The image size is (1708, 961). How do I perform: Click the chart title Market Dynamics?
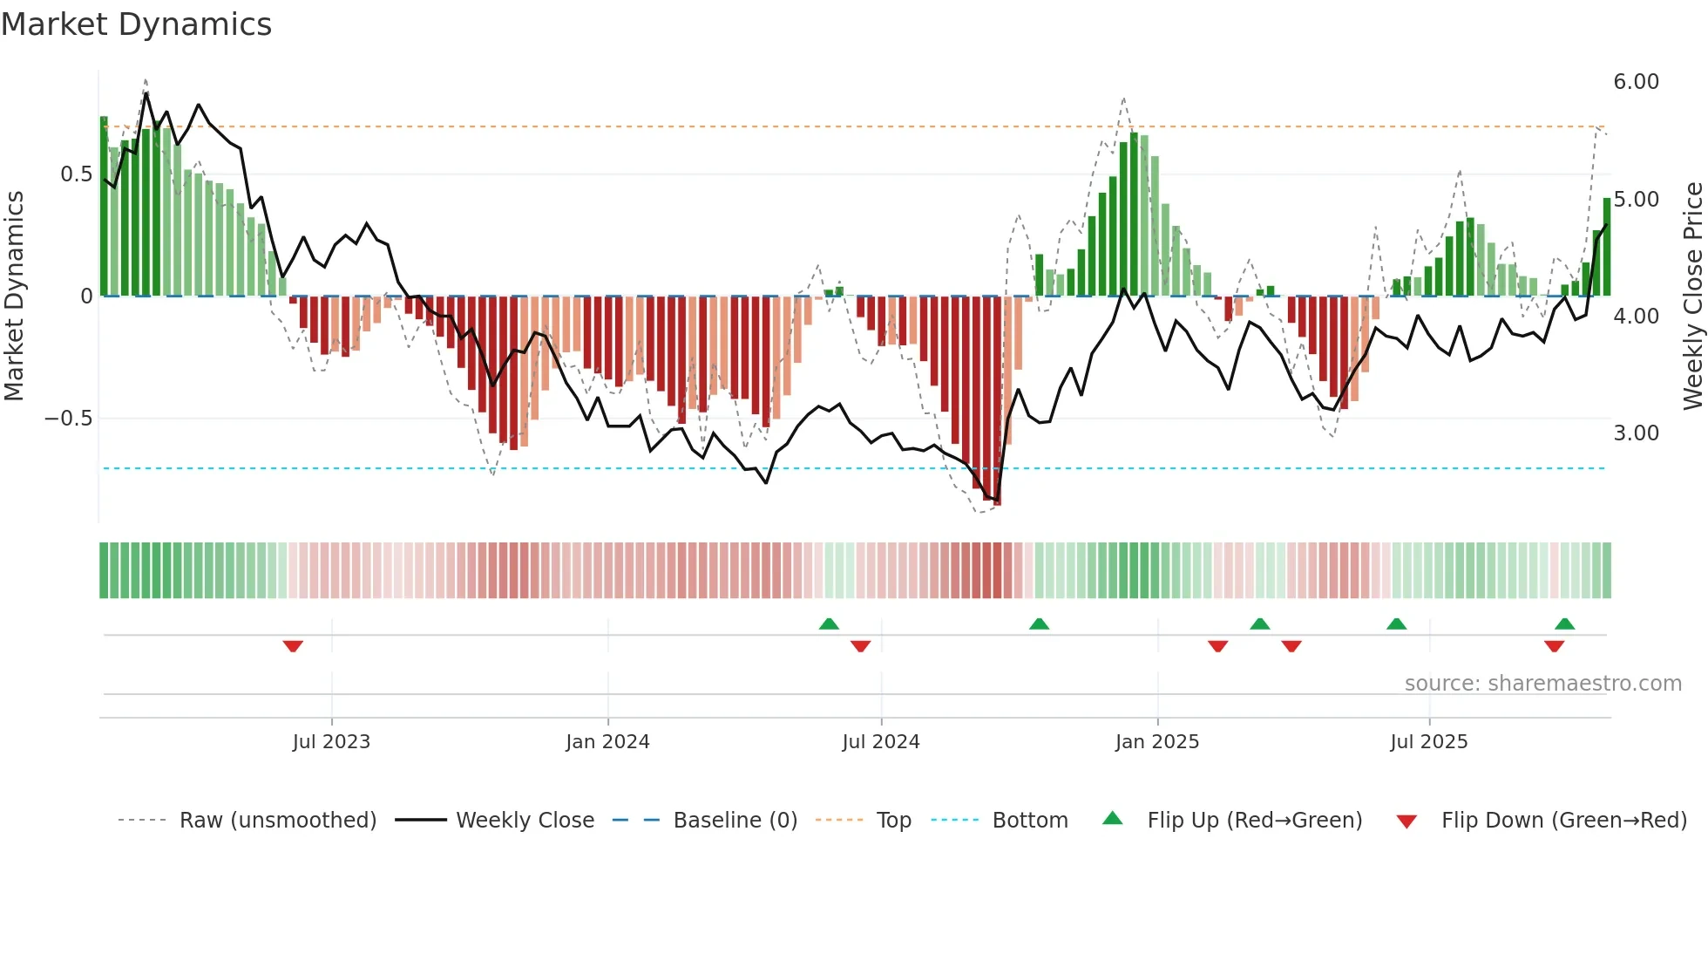[136, 24]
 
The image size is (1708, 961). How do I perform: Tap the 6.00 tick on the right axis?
[1636, 82]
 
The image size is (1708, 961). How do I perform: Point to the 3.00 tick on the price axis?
[1636, 433]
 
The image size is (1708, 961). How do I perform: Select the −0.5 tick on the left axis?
[68, 419]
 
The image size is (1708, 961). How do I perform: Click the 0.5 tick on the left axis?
[76, 174]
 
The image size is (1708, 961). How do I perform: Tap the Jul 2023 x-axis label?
[331, 742]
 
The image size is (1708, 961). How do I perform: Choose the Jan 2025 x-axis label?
[1156, 742]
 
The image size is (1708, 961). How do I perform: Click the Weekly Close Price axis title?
[1692, 296]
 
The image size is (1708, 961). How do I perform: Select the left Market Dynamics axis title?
[14, 296]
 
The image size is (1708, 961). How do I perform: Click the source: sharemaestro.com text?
[1542, 684]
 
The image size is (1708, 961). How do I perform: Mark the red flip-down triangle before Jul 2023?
[293, 646]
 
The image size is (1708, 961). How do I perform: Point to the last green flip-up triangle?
[1564, 624]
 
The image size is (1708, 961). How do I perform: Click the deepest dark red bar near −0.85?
[997, 401]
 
